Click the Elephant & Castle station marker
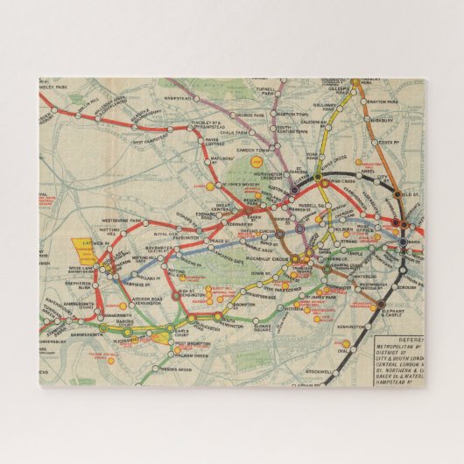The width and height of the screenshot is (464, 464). coord(374,307)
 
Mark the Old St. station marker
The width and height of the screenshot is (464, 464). coord(397,194)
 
